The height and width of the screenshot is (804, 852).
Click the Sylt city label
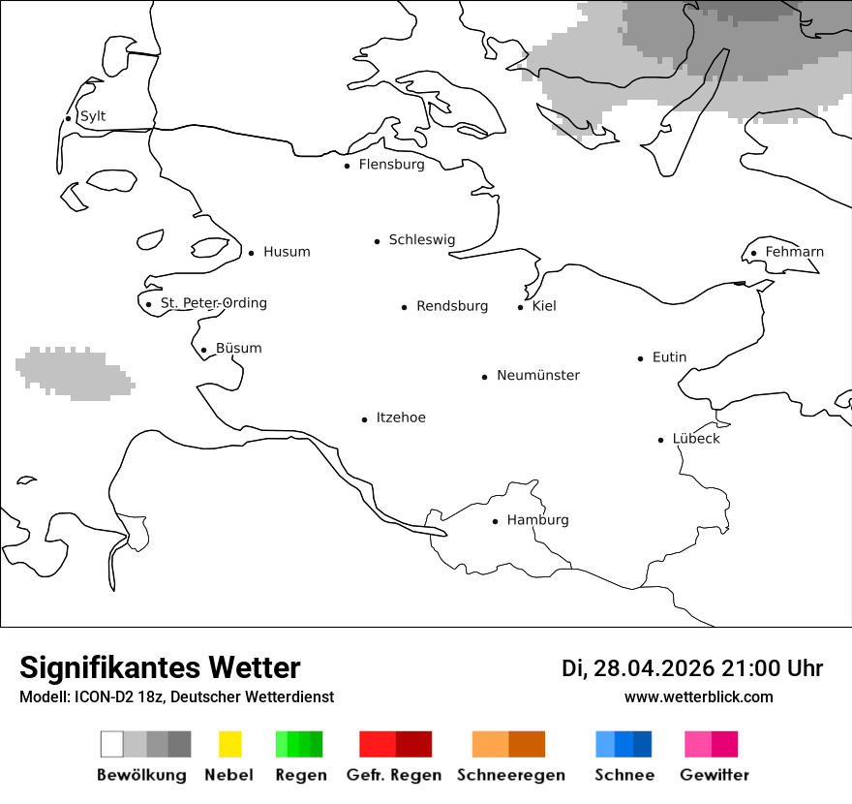tap(93, 116)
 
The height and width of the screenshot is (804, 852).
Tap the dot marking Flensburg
tap(348, 166)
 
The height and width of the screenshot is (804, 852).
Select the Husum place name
tap(287, 252)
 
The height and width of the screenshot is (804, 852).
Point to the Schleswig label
tap(421, 240)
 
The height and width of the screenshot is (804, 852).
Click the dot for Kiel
tap(521, 307)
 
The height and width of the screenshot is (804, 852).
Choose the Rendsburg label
tap(452, 306)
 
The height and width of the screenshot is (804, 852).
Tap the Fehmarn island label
tap(794, 252)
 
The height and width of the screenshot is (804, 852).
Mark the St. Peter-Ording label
tap(213, 303)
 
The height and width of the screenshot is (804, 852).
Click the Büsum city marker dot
tap(203, 351)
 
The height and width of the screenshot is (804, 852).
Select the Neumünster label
tap(538, 375)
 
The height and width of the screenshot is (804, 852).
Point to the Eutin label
tap(669, 357)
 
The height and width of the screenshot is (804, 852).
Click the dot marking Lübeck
tap(661, 440)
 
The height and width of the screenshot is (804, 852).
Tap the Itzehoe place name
tap(401, 417)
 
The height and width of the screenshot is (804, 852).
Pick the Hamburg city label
tap(537, 520)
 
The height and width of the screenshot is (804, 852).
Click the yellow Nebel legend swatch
tap(229, 744)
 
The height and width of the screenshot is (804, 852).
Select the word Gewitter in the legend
tap(715, 775)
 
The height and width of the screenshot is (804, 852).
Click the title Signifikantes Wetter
tap(160, 667)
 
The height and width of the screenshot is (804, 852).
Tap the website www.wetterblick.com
tap(699, 696)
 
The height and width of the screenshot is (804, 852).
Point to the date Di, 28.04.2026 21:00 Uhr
tap(692, 668)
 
